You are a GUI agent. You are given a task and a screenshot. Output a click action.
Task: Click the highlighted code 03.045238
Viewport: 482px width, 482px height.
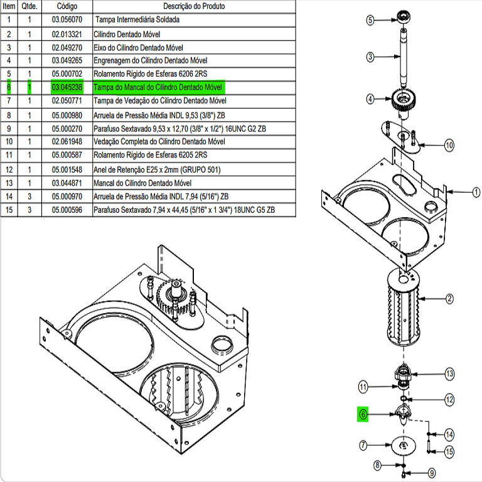click(67, 87)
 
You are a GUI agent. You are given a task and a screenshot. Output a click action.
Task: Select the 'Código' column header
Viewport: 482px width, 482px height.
click(67, 6)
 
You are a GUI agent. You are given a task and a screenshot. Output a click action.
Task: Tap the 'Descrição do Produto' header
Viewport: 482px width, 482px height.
click(194, 6)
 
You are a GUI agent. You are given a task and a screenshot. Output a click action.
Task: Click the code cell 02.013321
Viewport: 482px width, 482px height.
click(67, 33)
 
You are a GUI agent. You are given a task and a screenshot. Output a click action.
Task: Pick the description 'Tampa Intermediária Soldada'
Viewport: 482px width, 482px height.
click(137, 19)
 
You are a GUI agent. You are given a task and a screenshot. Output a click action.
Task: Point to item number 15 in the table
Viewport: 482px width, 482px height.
click(9, 210)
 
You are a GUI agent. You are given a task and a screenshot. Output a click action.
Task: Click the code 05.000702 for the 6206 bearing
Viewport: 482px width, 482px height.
click(67, 73)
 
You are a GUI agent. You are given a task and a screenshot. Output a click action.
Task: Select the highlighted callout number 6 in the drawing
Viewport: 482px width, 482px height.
click(363, 414)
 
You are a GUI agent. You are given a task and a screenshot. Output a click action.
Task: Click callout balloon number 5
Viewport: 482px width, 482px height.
click(370, 19)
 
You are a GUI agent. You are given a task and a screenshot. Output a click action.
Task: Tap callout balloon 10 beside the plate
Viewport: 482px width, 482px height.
click(449, 146)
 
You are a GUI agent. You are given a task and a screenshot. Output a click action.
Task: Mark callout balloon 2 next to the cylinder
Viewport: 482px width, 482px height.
click(449, 299)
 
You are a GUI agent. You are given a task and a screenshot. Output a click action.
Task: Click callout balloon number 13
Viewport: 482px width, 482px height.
click(449, 374)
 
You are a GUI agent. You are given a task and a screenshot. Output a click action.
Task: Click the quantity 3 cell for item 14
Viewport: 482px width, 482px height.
click(29, 196)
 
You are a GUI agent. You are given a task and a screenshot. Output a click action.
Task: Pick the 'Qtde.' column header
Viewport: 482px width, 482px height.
click(29, 6)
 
